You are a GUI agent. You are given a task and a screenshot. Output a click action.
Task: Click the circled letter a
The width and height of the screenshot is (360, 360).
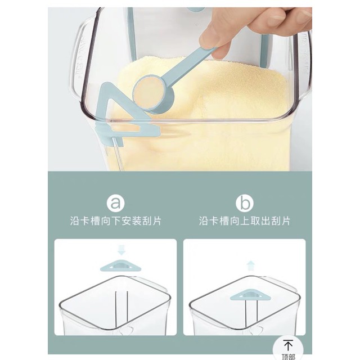click(116, 203)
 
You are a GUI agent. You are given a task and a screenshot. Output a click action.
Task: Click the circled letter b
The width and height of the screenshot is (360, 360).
click(245, 203)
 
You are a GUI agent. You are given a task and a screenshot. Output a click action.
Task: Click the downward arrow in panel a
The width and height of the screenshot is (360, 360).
click(121, 250)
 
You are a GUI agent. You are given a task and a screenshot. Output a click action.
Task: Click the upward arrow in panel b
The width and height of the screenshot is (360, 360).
click(250, 266)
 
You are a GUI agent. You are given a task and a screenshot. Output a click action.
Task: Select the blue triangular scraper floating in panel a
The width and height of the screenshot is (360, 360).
click(121, 266)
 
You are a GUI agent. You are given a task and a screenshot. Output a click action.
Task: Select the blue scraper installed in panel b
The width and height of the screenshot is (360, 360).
click(251, 295)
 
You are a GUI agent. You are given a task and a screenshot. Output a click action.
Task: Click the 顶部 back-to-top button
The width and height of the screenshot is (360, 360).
click(288, 349)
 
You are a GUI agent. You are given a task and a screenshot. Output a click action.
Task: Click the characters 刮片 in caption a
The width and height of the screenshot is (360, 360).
click(152, 221)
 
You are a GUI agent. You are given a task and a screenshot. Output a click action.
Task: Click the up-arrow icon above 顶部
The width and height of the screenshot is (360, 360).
click(288, 345)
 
